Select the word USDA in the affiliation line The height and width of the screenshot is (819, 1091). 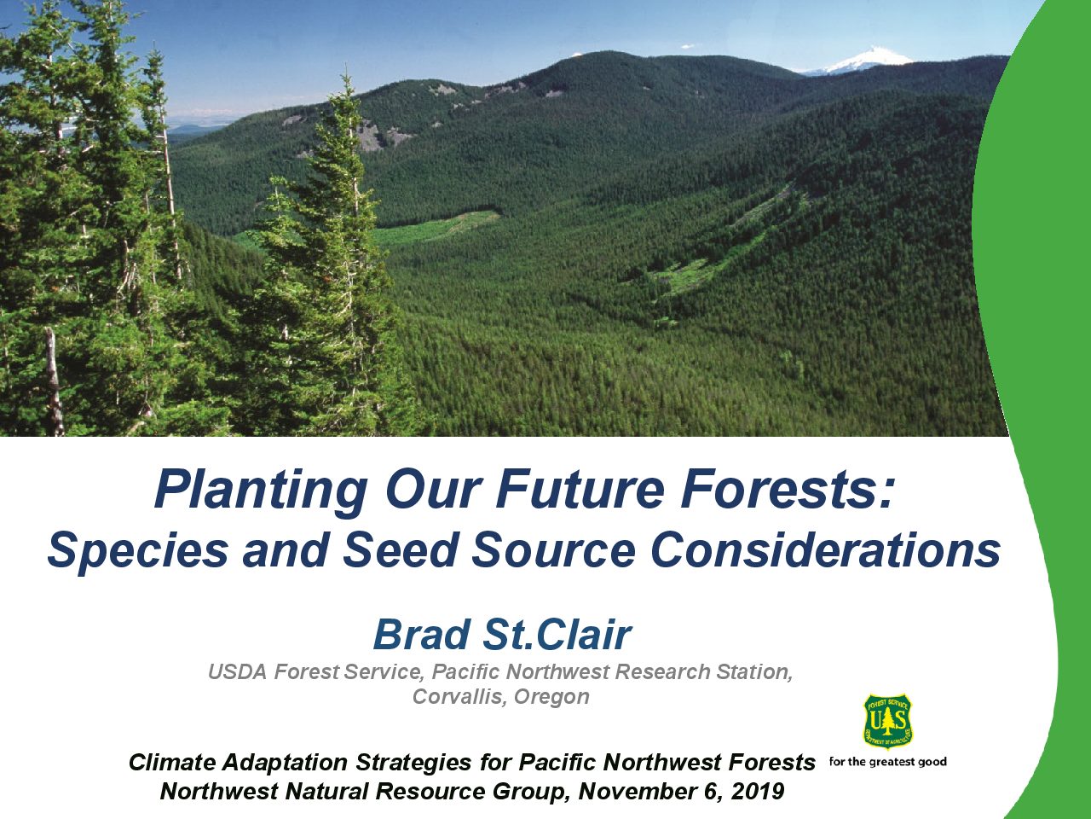pos(237,672)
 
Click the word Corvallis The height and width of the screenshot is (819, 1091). pos(459,697)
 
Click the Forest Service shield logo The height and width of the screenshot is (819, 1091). pos(887,722)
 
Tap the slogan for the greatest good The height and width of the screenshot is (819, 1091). pos(887,763)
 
